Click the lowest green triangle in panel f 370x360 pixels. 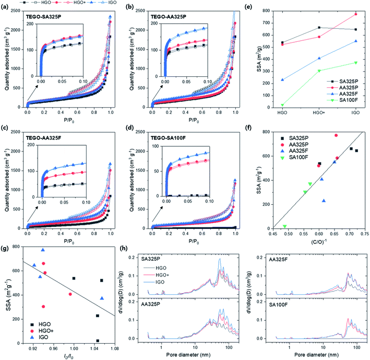pos(284,226)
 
